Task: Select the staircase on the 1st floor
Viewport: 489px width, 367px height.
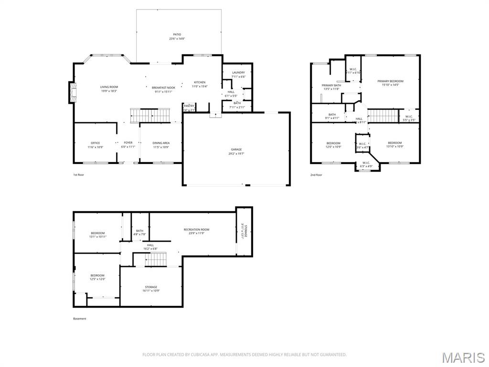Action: coord(150,115)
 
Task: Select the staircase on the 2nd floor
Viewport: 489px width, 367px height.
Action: coord(383,116)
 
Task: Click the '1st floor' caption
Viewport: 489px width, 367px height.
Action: coord(78,175)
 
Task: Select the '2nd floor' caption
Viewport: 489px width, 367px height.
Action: coord(316,175)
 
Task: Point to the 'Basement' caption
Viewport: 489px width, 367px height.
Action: coord(80,319)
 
